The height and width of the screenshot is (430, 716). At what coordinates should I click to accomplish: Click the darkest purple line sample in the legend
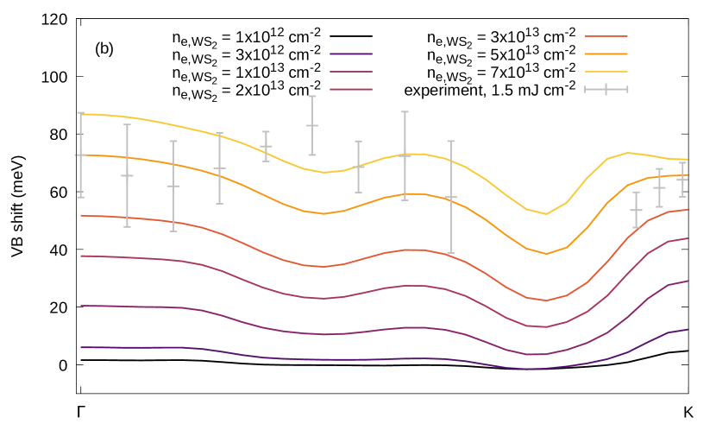(351, 54)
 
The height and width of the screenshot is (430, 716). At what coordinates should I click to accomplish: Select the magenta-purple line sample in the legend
(351, 72)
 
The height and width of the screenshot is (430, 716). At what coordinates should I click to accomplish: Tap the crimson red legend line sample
(351, 89)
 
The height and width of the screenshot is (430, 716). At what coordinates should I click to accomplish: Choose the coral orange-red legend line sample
(606, 36)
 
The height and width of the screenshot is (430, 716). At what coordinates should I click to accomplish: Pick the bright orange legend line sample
(606, 54)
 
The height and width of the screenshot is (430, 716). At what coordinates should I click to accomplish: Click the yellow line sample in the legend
(606, 72)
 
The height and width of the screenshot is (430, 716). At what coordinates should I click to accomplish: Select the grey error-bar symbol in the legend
(606, 89)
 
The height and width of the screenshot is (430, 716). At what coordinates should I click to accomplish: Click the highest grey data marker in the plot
(312, 126)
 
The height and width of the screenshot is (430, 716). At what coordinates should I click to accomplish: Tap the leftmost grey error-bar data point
(80, 155)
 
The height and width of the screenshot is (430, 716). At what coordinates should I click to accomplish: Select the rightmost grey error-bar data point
(682, 180)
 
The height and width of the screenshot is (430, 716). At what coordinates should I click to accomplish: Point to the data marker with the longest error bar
(451, 197)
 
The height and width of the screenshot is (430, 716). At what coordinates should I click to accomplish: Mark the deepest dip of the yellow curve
(546, 213)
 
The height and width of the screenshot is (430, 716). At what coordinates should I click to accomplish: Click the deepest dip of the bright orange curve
(546, 254)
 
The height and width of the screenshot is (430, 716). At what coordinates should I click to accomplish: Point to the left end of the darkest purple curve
(80, 347)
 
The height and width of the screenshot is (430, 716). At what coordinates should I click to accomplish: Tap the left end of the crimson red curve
(80, 256)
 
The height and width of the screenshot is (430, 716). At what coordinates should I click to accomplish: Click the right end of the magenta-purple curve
(688, 281)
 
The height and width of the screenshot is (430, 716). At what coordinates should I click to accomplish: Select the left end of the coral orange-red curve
(80, 216)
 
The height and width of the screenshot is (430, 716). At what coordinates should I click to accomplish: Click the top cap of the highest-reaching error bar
(312, 97)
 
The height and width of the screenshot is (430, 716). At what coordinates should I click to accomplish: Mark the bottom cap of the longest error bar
(451, 253)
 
